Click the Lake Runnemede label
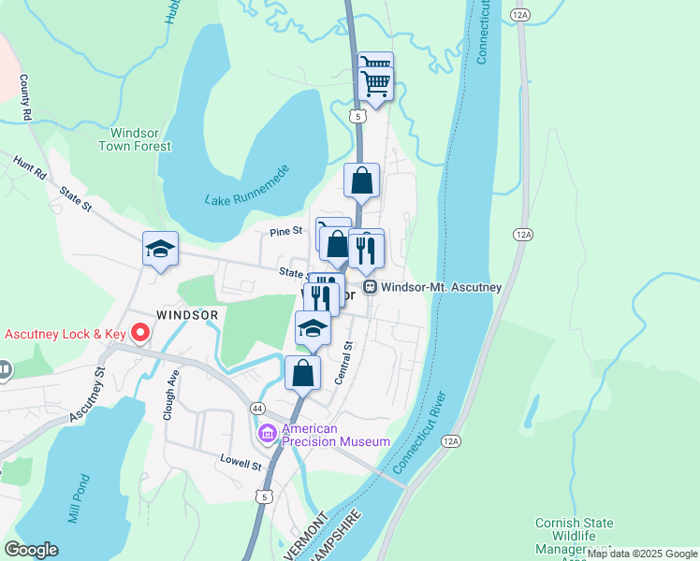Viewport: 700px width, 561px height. coord(245,199)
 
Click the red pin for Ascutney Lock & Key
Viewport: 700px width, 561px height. coord(140,332)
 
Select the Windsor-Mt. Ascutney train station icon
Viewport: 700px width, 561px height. coord(371,287)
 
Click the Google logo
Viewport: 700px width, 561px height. coord(31,549)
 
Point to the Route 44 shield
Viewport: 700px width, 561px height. coord(256,409)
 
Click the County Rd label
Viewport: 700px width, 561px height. coord(25,98)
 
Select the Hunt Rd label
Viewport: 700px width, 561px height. coord(29,167)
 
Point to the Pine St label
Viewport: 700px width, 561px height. coord(286,230)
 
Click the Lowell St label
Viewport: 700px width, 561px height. coord(241,463)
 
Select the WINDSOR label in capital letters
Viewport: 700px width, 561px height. coord(187,315)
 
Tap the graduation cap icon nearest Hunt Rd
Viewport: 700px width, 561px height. coord(160,249)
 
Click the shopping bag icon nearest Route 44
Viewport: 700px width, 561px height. coord(303,372)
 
